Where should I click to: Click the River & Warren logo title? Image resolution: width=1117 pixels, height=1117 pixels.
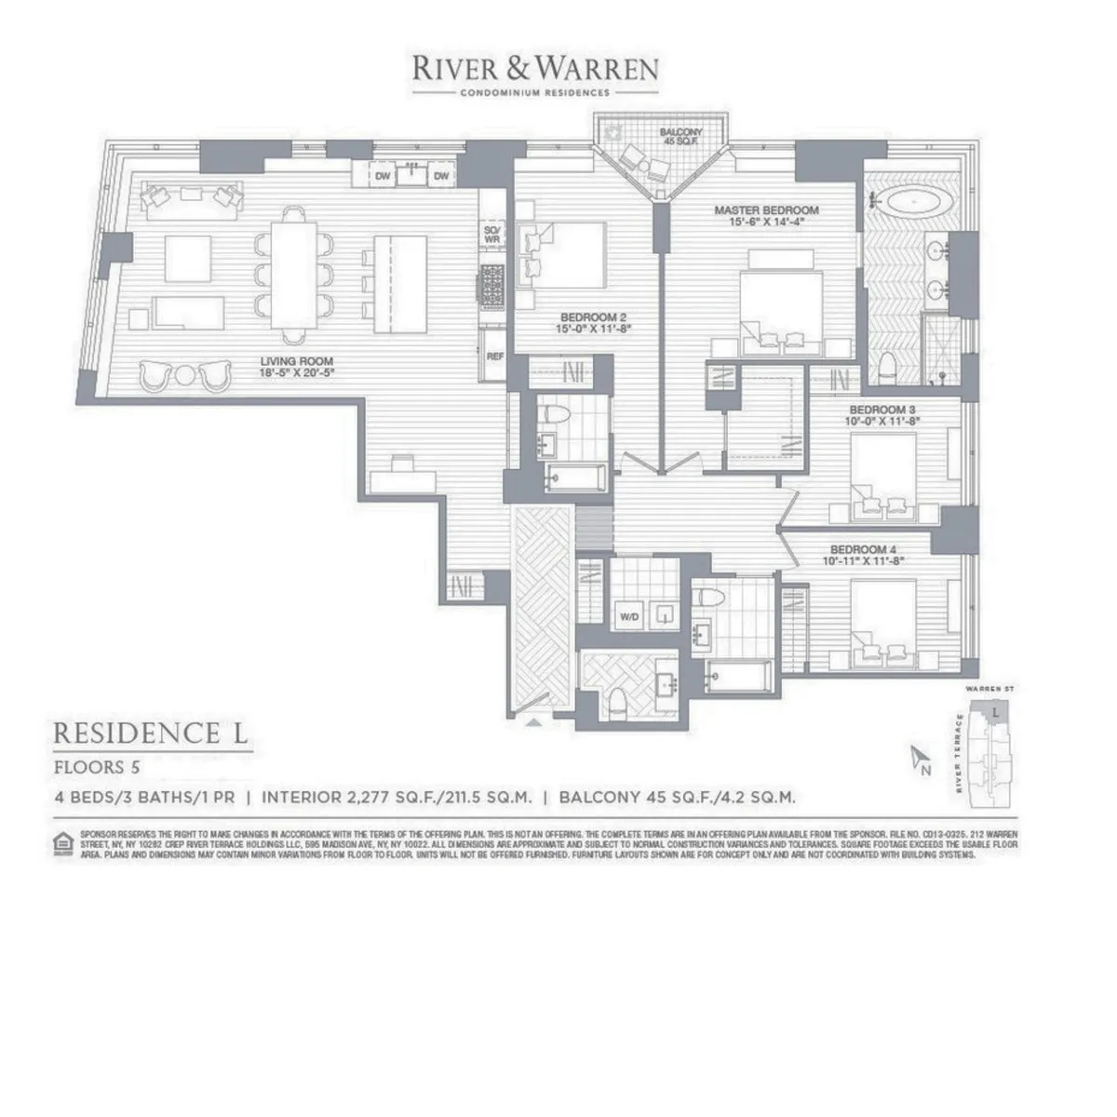coord(535,68)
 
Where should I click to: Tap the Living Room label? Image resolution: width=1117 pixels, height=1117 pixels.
coord(296,367)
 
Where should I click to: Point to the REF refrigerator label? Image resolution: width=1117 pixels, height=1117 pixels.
coord(491,355)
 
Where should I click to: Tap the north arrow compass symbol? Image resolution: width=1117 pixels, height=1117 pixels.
coord(920,759)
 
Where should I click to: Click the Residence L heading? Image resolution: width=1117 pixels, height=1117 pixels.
coord(151,733)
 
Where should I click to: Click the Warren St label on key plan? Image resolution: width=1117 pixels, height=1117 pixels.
coord(989,689)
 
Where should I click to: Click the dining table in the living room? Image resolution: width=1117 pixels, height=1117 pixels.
coord(294,264)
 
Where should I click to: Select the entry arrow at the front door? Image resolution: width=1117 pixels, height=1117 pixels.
coord(534,721)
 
